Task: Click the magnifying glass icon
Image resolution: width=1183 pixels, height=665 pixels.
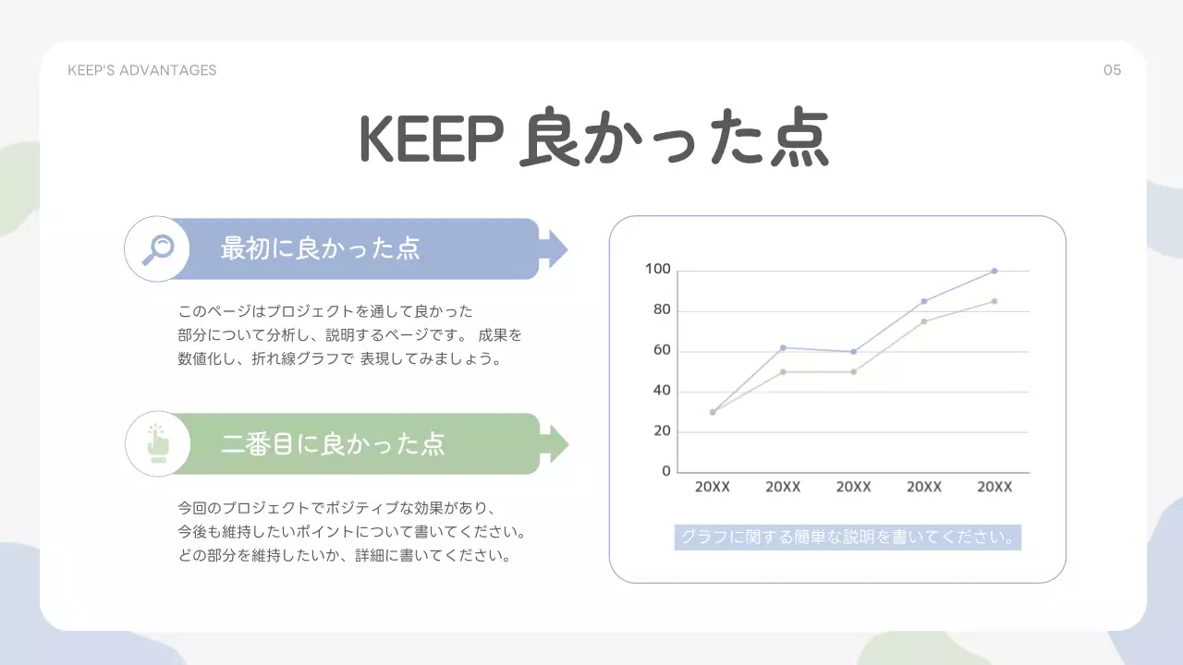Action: point(157,248)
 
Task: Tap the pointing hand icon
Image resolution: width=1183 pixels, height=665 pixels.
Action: point(158,443)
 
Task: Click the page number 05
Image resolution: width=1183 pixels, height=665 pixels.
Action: point(1112,70)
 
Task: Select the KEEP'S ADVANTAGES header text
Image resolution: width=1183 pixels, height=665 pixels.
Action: point(142,70)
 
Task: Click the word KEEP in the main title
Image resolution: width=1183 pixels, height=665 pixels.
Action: point(430,139)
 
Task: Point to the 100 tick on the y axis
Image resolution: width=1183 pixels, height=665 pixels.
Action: point(657,269)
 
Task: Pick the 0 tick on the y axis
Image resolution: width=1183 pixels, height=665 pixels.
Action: point(666,471)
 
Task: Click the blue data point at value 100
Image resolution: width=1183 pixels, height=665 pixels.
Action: point(994,271)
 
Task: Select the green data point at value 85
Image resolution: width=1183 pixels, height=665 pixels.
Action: point(994,301)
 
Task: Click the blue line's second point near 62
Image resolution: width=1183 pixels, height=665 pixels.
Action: point(783,347)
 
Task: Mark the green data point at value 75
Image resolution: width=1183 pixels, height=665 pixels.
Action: point(924,321)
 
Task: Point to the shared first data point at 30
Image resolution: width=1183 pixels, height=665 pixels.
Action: point(713,412)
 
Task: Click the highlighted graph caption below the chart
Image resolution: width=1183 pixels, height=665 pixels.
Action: point(848,537)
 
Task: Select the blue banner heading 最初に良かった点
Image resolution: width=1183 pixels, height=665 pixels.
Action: point(320,248)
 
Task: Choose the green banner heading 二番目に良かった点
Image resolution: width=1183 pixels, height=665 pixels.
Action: point(333,443)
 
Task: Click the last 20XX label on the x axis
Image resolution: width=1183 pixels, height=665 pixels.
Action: point(994,487)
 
